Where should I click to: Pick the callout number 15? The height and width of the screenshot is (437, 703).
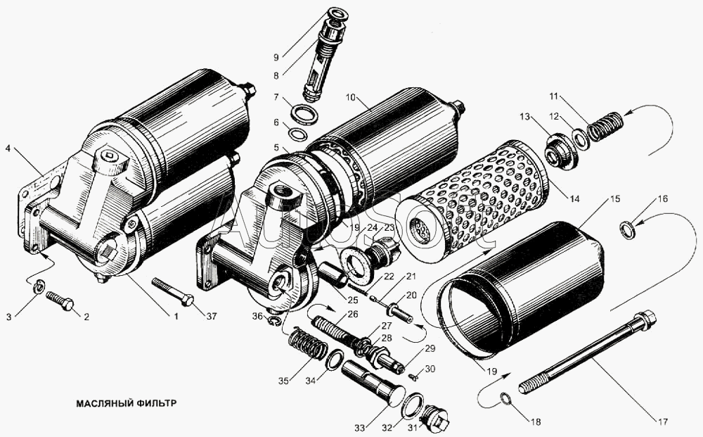[x=615, y=200]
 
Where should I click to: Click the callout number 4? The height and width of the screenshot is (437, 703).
[x=9, y=148]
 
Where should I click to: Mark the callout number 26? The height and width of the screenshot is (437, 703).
[x=352, y=314]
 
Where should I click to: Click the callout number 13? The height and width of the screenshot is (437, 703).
[x=524, y=115]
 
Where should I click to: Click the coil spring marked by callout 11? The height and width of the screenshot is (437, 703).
[x=606, y=127]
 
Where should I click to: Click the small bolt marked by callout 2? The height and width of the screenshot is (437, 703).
[x=61, y=303]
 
